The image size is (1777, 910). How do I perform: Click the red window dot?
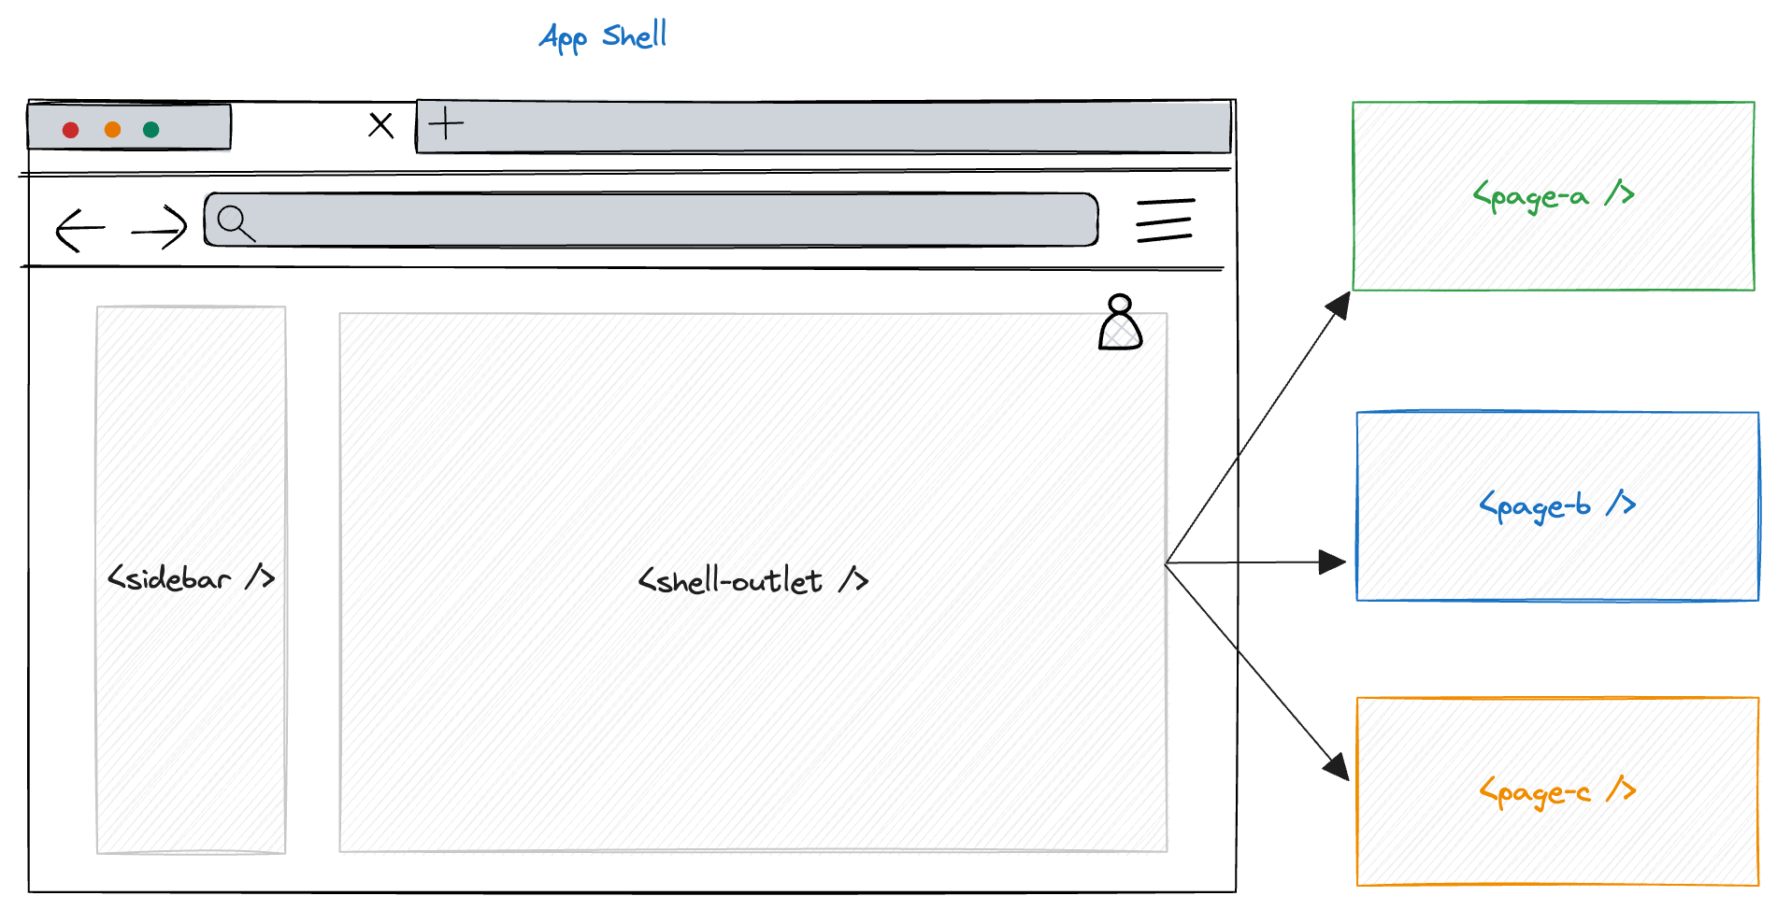(70, 130)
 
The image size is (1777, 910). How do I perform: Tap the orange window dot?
(112, 130)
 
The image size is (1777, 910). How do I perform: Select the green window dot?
(151, 130)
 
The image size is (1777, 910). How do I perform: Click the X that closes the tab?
(380, 125)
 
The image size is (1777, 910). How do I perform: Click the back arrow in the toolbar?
(79, 229)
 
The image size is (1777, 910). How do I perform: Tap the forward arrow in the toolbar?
(160, 227)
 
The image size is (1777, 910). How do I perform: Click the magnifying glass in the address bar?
(235, 223)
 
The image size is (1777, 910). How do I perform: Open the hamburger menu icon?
(1165, 220)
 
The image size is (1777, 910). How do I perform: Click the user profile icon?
(1120, 323)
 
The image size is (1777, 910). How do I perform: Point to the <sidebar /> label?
(191, 578)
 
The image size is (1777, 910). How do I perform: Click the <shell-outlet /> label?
(752, 581)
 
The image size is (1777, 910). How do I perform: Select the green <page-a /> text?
(1553, 195)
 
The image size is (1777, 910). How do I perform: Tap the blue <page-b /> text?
(1556, 505)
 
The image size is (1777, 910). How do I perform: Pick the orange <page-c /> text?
(1556, 792)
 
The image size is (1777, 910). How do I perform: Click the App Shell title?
(603, 36)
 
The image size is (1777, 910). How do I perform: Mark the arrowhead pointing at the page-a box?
(1340, 305)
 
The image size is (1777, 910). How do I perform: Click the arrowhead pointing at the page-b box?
(1332, 562)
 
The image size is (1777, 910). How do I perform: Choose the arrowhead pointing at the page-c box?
(1337, 766)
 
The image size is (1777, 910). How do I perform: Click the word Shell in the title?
(634, 36)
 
